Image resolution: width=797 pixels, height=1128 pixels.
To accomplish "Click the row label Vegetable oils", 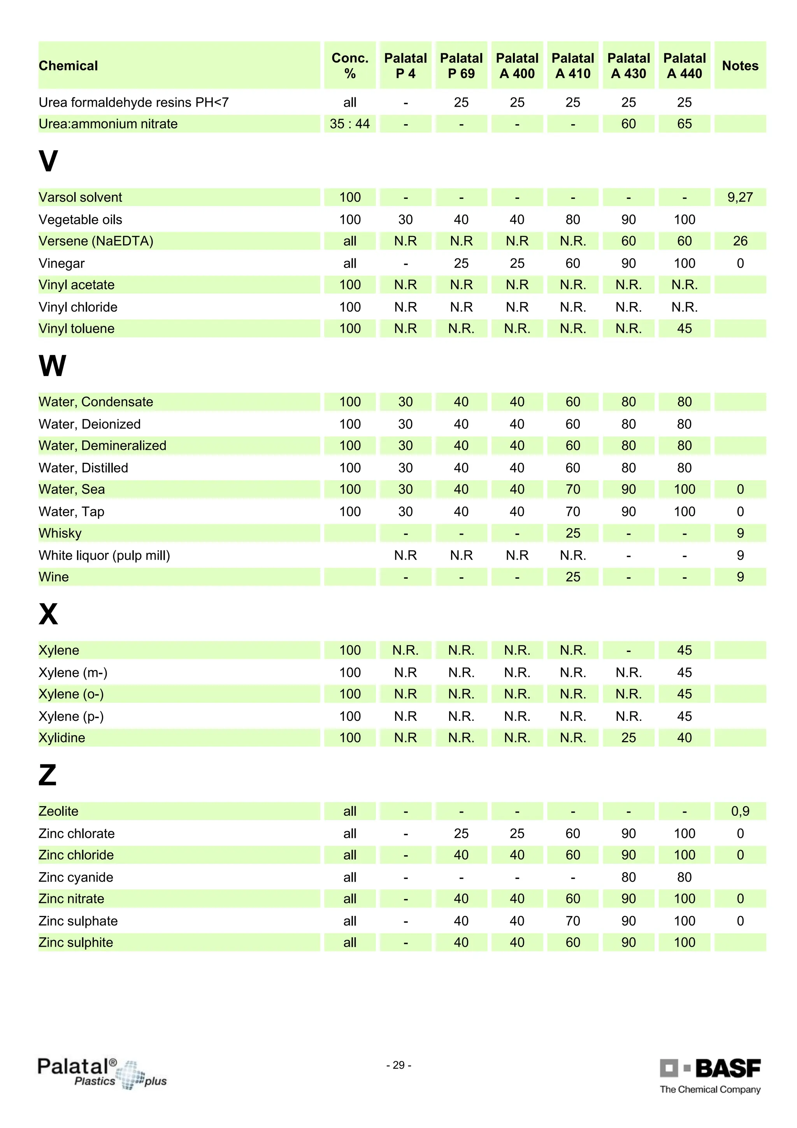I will click(x=81, y=219).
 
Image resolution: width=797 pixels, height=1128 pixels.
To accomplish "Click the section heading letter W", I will click(x=52, y=365).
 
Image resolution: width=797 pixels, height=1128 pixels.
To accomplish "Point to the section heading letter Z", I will click(x=47, y=775).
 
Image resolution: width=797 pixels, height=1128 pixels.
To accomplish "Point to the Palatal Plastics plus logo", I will click(x=102, y=1073).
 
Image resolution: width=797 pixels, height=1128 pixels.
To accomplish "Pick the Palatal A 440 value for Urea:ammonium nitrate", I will click(x=684, y=124).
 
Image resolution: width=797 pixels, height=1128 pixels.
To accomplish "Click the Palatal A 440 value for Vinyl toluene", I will click(x=684, y=328).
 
